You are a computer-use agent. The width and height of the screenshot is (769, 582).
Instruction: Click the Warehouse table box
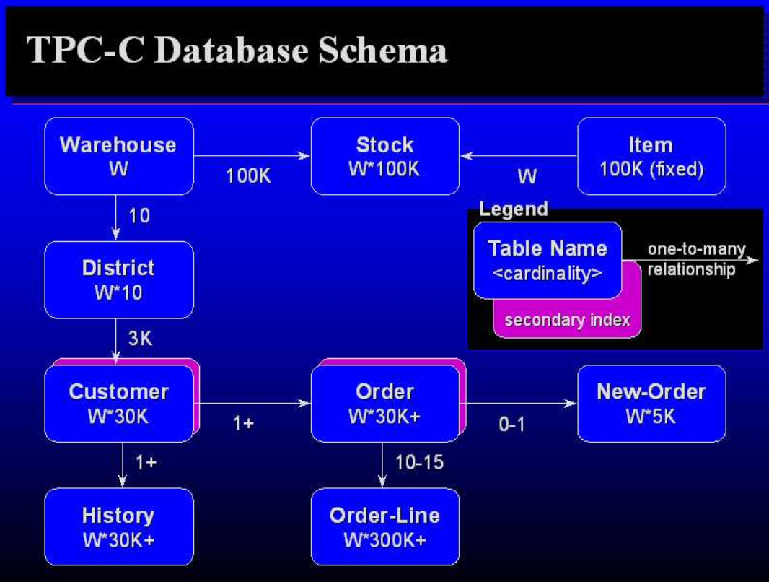118,156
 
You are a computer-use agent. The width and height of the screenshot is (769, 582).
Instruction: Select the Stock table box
384,156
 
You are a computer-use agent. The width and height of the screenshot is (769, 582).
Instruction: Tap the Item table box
651,156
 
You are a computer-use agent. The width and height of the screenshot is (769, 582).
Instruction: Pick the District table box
118,279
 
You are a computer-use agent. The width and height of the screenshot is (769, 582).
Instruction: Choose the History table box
118,526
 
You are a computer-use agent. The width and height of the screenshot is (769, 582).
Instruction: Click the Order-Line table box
384,526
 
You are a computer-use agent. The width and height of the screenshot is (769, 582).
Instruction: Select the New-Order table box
651,403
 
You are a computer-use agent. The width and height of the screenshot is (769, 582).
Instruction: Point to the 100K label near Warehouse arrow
248,175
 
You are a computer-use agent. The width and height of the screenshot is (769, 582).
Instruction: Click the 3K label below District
140,338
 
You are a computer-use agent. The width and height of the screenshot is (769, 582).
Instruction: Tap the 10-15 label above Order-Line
419,462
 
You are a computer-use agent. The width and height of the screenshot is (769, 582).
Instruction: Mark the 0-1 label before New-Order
511,425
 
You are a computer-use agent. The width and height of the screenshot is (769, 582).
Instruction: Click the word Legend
513,209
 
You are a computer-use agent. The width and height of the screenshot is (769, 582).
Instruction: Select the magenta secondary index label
567,320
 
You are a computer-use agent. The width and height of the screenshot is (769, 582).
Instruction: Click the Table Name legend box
547,260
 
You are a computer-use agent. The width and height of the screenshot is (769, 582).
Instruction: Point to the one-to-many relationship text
695,259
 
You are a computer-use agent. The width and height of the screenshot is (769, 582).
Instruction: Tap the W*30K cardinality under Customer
118,417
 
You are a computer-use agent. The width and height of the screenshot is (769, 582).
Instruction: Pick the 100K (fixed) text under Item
651,170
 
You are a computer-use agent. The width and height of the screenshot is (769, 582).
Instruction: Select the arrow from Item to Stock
519,155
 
